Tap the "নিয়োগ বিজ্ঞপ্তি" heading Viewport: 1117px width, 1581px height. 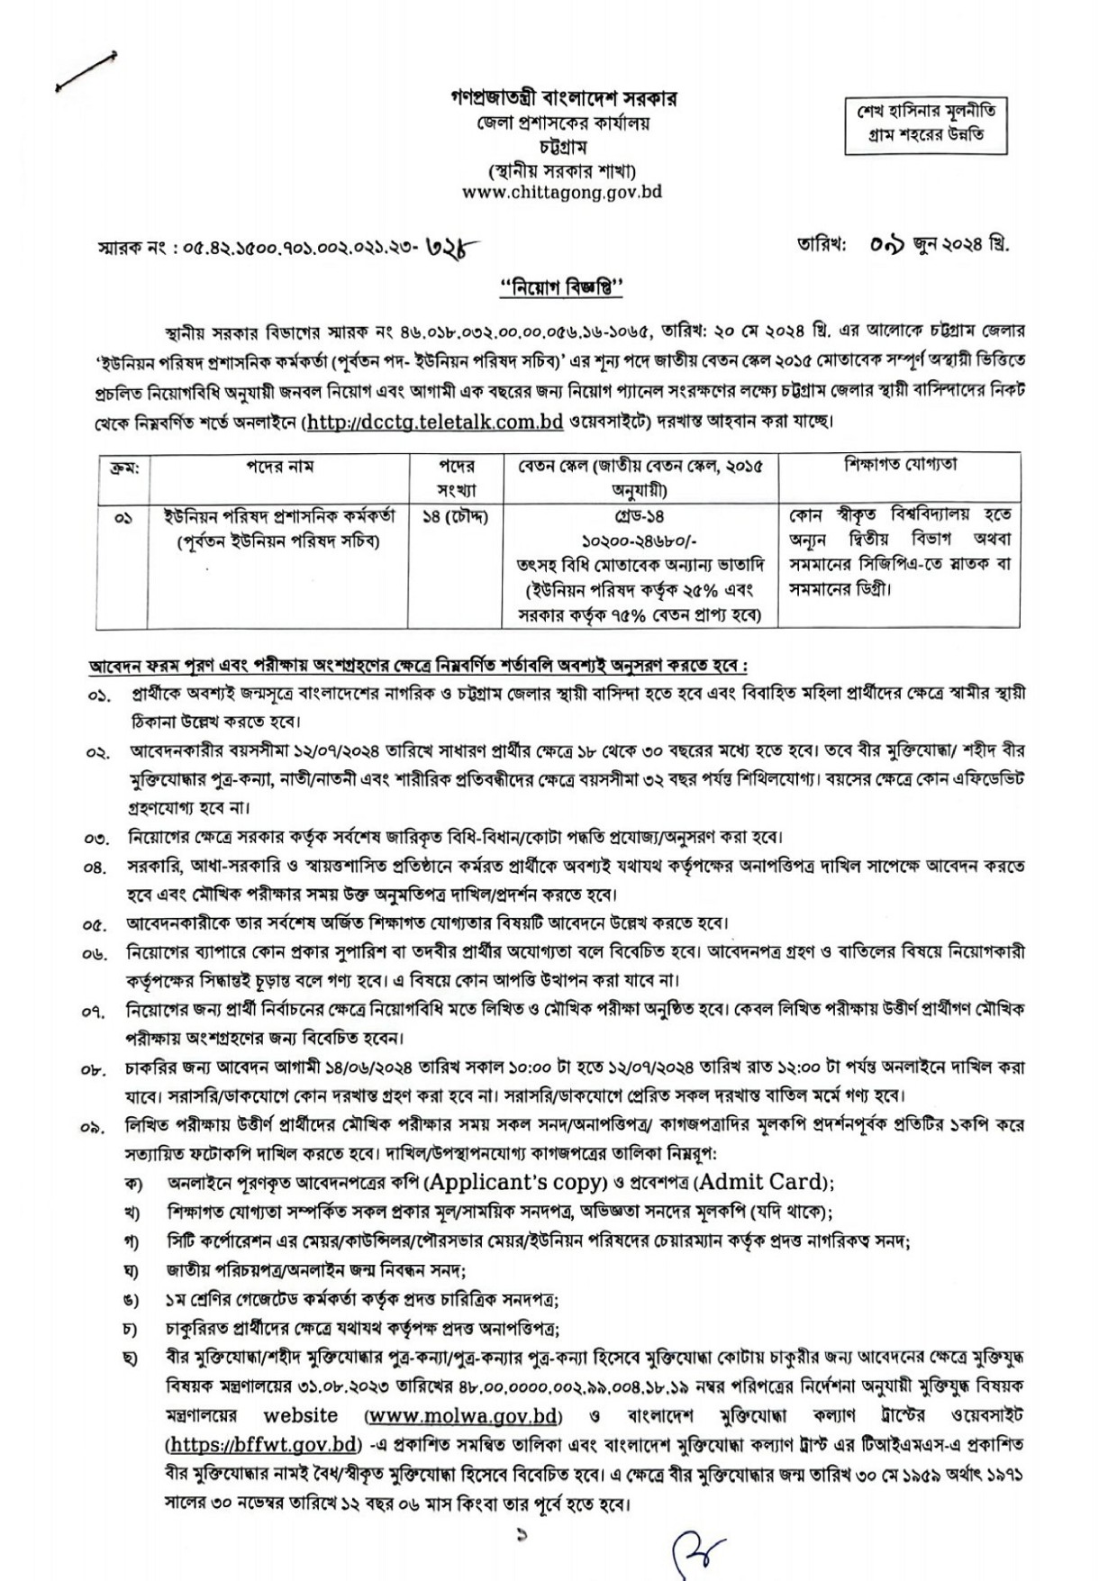click(x=562, y=288)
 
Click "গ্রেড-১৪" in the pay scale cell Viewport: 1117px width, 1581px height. click(x=640, y=518)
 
